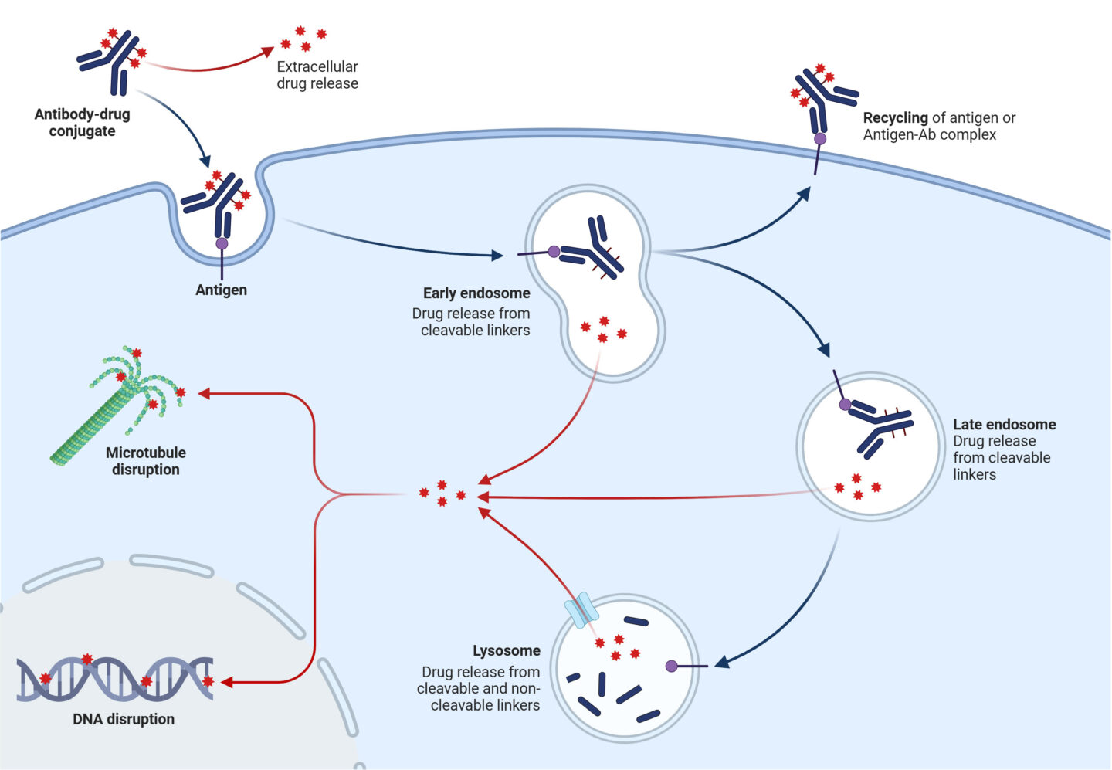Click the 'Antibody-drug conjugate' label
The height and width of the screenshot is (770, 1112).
coord(82,123)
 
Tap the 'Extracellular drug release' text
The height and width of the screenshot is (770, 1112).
coord(317,75)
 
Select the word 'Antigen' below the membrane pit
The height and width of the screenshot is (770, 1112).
coord(221,290)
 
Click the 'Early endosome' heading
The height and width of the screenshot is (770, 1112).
coord(476,293)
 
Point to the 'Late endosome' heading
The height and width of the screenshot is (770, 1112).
coord(1004,424)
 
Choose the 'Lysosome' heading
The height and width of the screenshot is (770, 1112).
coord(506,650)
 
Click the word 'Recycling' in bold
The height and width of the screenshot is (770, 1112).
coord(895,117)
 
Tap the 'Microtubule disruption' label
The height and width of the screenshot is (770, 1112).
coord(145,461)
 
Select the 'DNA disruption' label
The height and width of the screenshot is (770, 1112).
coord(124,719)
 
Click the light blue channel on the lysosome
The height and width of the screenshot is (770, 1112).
coord(581,610)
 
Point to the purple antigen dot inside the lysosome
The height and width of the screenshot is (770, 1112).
coord(671,666)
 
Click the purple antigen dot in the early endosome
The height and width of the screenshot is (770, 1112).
coord(554,251)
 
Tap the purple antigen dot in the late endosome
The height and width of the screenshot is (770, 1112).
coord(845,405)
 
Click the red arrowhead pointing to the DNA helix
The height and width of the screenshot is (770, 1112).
coord(227,683)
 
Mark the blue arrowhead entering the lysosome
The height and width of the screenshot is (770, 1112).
coord(721,662)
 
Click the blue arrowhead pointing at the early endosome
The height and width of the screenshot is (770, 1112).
coord(497,255)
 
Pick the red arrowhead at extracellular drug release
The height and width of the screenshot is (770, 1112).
coord(266,52)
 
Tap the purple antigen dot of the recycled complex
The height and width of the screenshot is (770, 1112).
coord(819,139)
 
